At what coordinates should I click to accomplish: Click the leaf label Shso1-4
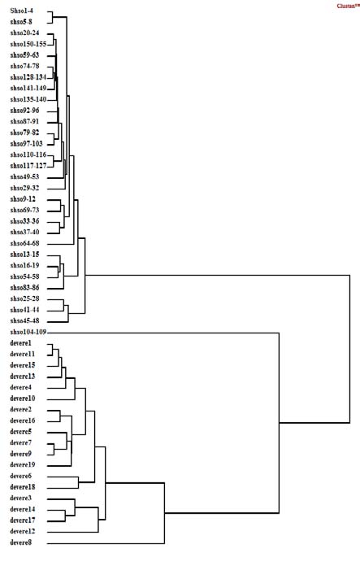point(23,11)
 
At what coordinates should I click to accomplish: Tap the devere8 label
point(22,542)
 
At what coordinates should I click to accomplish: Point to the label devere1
point(22,343)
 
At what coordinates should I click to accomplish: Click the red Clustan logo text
point(346,5)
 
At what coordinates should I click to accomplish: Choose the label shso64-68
point(25,243)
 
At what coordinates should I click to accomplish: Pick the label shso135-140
point(28,99)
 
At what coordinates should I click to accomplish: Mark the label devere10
point(24,398)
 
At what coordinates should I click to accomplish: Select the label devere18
point(24,486)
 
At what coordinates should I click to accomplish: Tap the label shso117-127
point(28,165)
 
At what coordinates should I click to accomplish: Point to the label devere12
point(24,531)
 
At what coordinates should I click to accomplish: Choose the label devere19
point(24,464)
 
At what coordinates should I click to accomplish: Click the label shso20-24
point(25,33)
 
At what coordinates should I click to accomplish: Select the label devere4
point(22,387)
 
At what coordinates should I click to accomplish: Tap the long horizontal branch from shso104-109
point(163,332)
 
